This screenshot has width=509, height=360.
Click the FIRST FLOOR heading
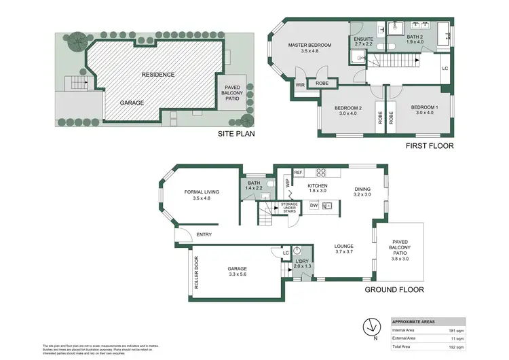[x=430, y=146]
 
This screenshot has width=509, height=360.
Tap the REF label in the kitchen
[x=299, y=173]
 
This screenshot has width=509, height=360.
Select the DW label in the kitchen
[x=314, y=204]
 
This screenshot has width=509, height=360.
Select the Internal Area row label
[x=405, y=331]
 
